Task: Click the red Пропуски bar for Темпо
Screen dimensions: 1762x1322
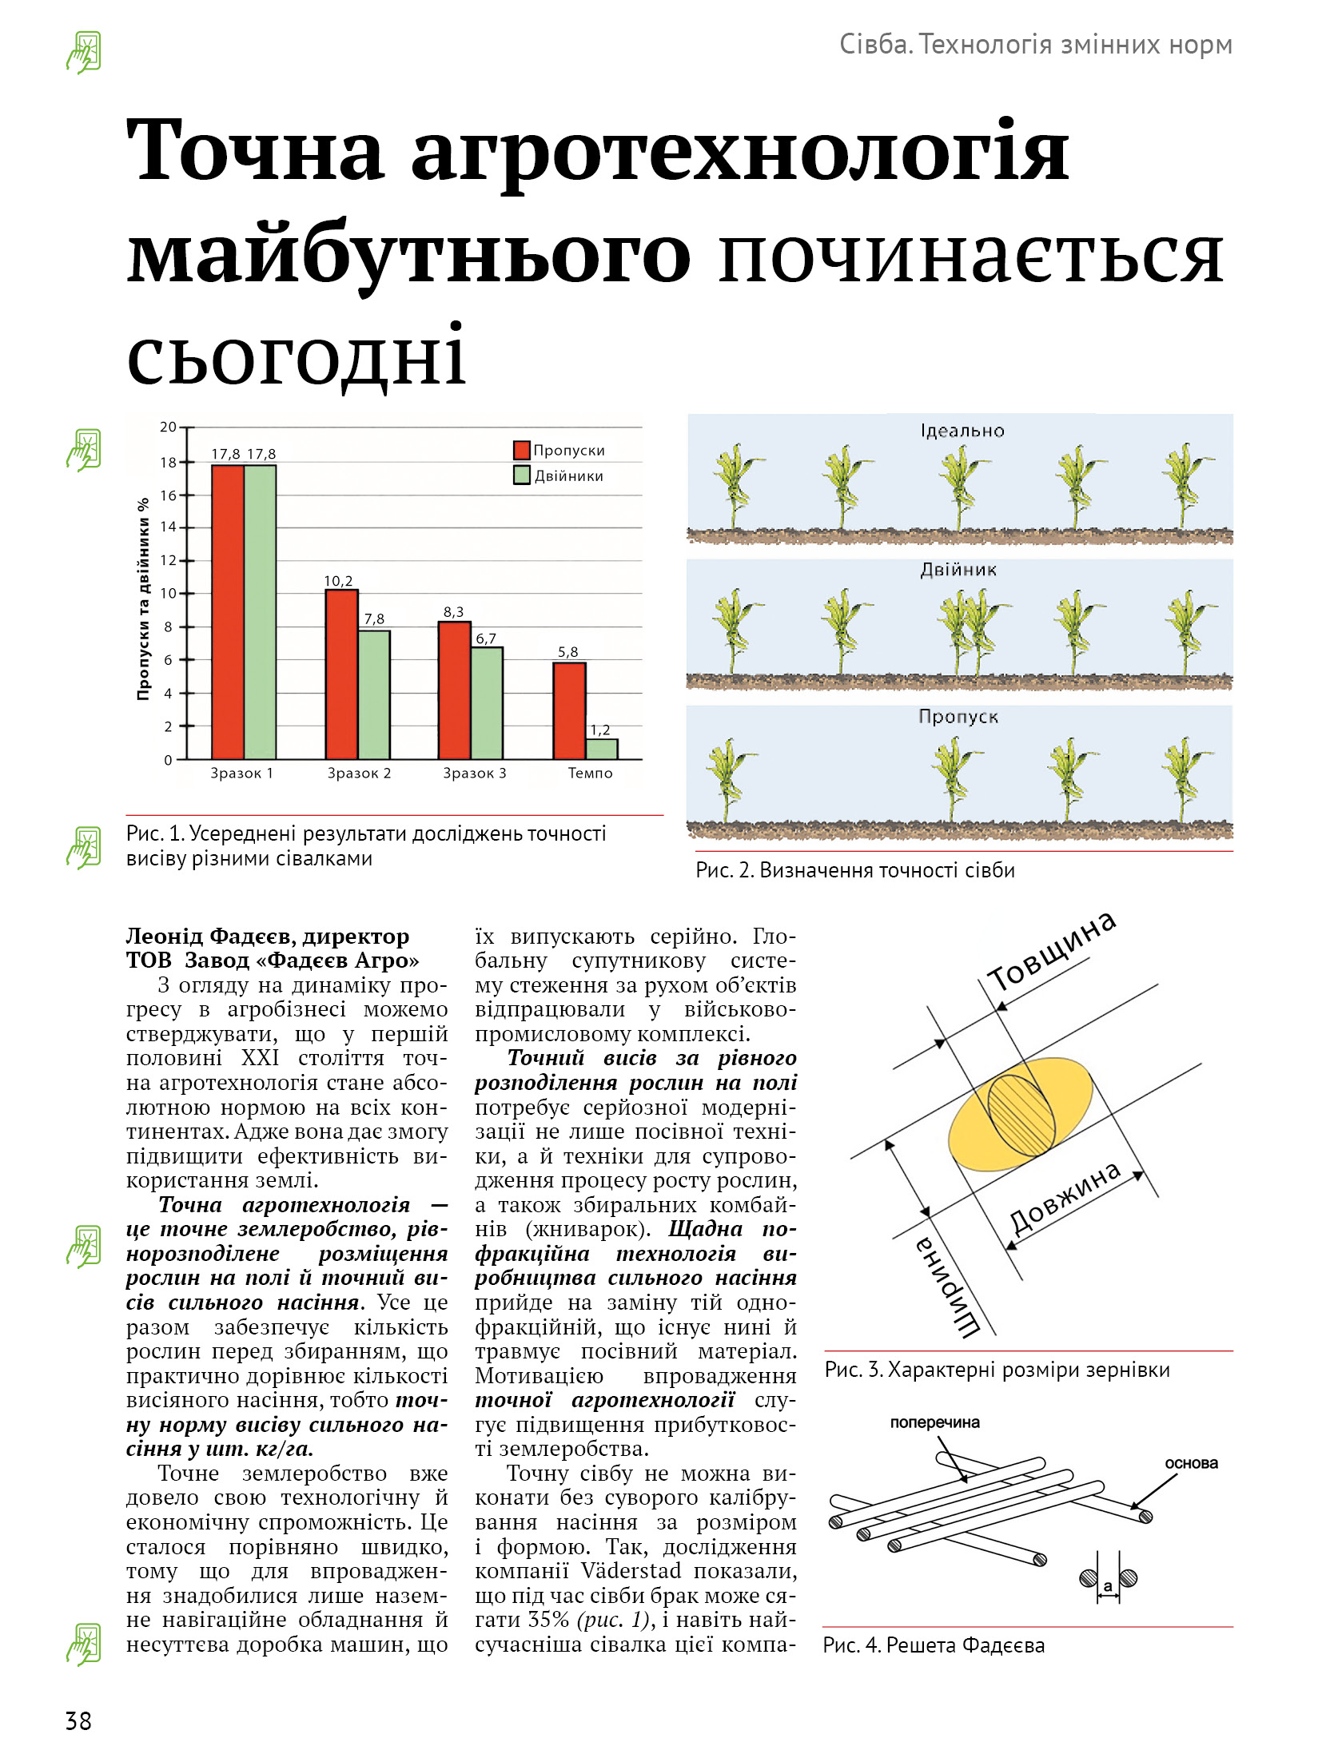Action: click(x=569, y=710)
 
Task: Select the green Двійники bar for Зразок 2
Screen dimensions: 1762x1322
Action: click(x=374, y=694)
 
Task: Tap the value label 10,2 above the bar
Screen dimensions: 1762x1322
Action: click(x=338, y=581)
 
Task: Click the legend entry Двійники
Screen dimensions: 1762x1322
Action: click(x=568, y=476)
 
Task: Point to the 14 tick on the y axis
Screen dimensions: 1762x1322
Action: click(x=169, y=527)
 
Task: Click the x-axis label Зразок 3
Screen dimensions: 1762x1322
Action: click(x=475, y=773)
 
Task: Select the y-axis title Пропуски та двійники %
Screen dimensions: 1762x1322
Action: click(x=144, y=599)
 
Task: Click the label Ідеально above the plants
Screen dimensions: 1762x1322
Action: click(x=962, y=432)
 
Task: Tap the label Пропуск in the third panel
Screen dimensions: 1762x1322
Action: click(x=958, y=717)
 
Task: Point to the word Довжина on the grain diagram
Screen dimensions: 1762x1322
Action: click(x=1065, y=1198)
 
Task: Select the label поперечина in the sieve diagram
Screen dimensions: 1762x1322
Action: click(x=934, y=1422)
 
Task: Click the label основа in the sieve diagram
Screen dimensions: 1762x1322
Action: click(x=1191, y=1463)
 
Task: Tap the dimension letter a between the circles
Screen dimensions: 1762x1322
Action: click(x=1108, y=1586)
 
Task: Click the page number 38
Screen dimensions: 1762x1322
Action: click(x=78, y=1720)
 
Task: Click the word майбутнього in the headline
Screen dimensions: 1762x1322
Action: click(x=408, y=254)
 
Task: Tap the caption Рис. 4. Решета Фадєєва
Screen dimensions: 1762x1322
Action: click(x=934, y=1645)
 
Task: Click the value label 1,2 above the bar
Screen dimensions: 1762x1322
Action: click(x=600, y=730)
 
